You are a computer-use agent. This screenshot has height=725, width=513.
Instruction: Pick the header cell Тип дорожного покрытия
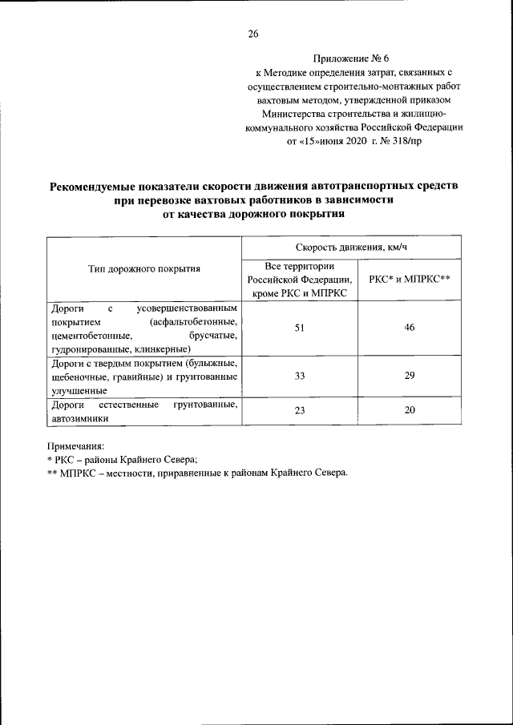pos(144,268)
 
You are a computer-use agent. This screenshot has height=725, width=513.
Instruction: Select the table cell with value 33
pos(300,377)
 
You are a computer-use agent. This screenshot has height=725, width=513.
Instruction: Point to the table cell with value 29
pos(410,377)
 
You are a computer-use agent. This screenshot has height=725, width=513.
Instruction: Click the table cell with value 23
pos(300,411)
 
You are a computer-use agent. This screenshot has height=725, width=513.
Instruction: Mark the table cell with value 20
pos(410,411)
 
